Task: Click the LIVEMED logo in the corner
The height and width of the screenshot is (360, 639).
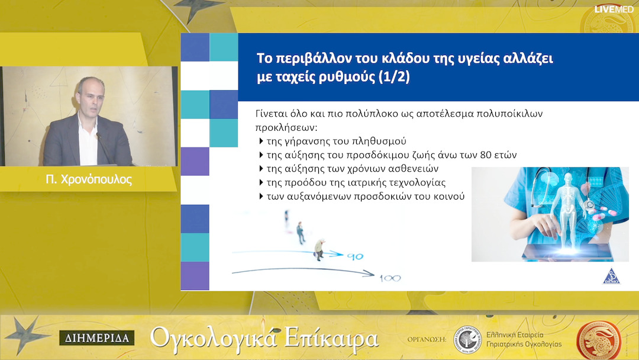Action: coord(614,9)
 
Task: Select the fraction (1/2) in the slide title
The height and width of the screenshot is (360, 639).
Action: coord(393,79)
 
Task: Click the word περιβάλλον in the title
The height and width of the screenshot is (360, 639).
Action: coord(308,59)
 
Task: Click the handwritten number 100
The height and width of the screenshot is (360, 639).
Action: coord(389,277)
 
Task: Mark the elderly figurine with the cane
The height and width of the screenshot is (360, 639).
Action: coord(319,249)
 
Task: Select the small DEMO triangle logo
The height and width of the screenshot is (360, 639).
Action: coord(611,277)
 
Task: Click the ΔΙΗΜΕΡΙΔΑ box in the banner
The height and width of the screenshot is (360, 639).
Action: coord(96,338)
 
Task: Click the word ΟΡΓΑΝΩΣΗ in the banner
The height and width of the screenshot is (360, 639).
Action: coord(426,339)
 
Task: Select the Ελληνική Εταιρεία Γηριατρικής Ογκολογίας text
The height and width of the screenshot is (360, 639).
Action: coord(523,339)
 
